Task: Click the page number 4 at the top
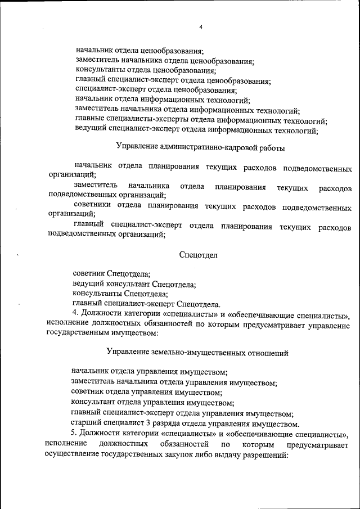[x=201, y=28]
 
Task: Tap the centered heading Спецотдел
[x=198, y=255]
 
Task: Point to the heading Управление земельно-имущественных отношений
[x=197, y=353]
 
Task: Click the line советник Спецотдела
[x=111, y=273]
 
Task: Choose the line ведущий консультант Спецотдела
[x=134, y=284]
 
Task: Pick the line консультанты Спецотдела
[x=120, y=294]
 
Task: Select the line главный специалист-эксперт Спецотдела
[x=146, y=304]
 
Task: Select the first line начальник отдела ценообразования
[x=139, y=51]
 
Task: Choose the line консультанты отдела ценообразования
[x=146, y=71]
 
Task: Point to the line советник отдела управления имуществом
[x=146, y=393]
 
